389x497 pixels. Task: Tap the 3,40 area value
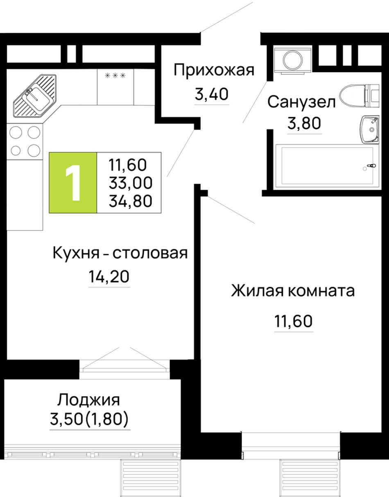pyautogui.click(x=212, y=94)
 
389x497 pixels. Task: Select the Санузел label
pyautogui.click(x=301, y=102)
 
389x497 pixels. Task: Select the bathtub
pyautogui.click(x=327, y=166)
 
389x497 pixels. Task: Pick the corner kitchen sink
pyautogui.click(x=35, y=96)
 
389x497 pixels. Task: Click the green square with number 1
pyautogui.click(x=73, y=182)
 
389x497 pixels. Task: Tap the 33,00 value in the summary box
pyautogui.click(x=130, y=183)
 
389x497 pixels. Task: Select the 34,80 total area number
pyautogui.click(x=130, y=201)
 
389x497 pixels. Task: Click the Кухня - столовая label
pyautogui.click(x=120, y=253)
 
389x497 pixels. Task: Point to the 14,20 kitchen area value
pyautogui.click(x=109, y=276)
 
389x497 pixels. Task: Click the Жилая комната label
pyautogui.click(x=293, y=291)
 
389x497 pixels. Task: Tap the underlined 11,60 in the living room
pyautogui.click(x=293, y=321)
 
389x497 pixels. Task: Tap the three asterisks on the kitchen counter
pyautogui.click(x=115, y=75)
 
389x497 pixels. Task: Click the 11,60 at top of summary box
pyautogui.click(x=127, y=165)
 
